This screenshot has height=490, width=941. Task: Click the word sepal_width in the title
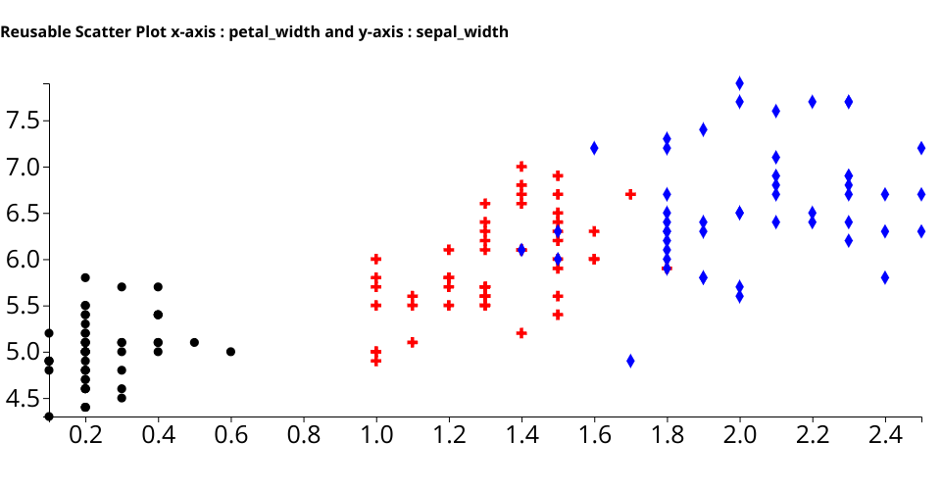click(463, 32)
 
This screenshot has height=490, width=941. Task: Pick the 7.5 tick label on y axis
click(28, 121)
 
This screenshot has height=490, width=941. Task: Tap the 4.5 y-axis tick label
click(28, 398)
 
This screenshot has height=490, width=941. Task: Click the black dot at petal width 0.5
click(194, 342)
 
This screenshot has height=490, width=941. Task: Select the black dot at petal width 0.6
click(230, 351)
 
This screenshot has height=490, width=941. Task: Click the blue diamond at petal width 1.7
click(630, 361)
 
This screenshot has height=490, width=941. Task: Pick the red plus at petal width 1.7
click(630, 194)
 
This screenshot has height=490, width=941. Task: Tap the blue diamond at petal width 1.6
click(594, 148)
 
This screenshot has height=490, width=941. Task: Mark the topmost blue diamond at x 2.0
click(740, 83)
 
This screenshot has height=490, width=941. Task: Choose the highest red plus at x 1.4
click(521, 167)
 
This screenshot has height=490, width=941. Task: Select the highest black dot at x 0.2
click(85, 277)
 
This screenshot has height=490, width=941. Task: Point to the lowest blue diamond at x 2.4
click(885, 277)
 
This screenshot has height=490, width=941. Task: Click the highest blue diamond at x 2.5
click(921, 148)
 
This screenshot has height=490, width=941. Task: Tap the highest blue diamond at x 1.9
click(704, 129)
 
